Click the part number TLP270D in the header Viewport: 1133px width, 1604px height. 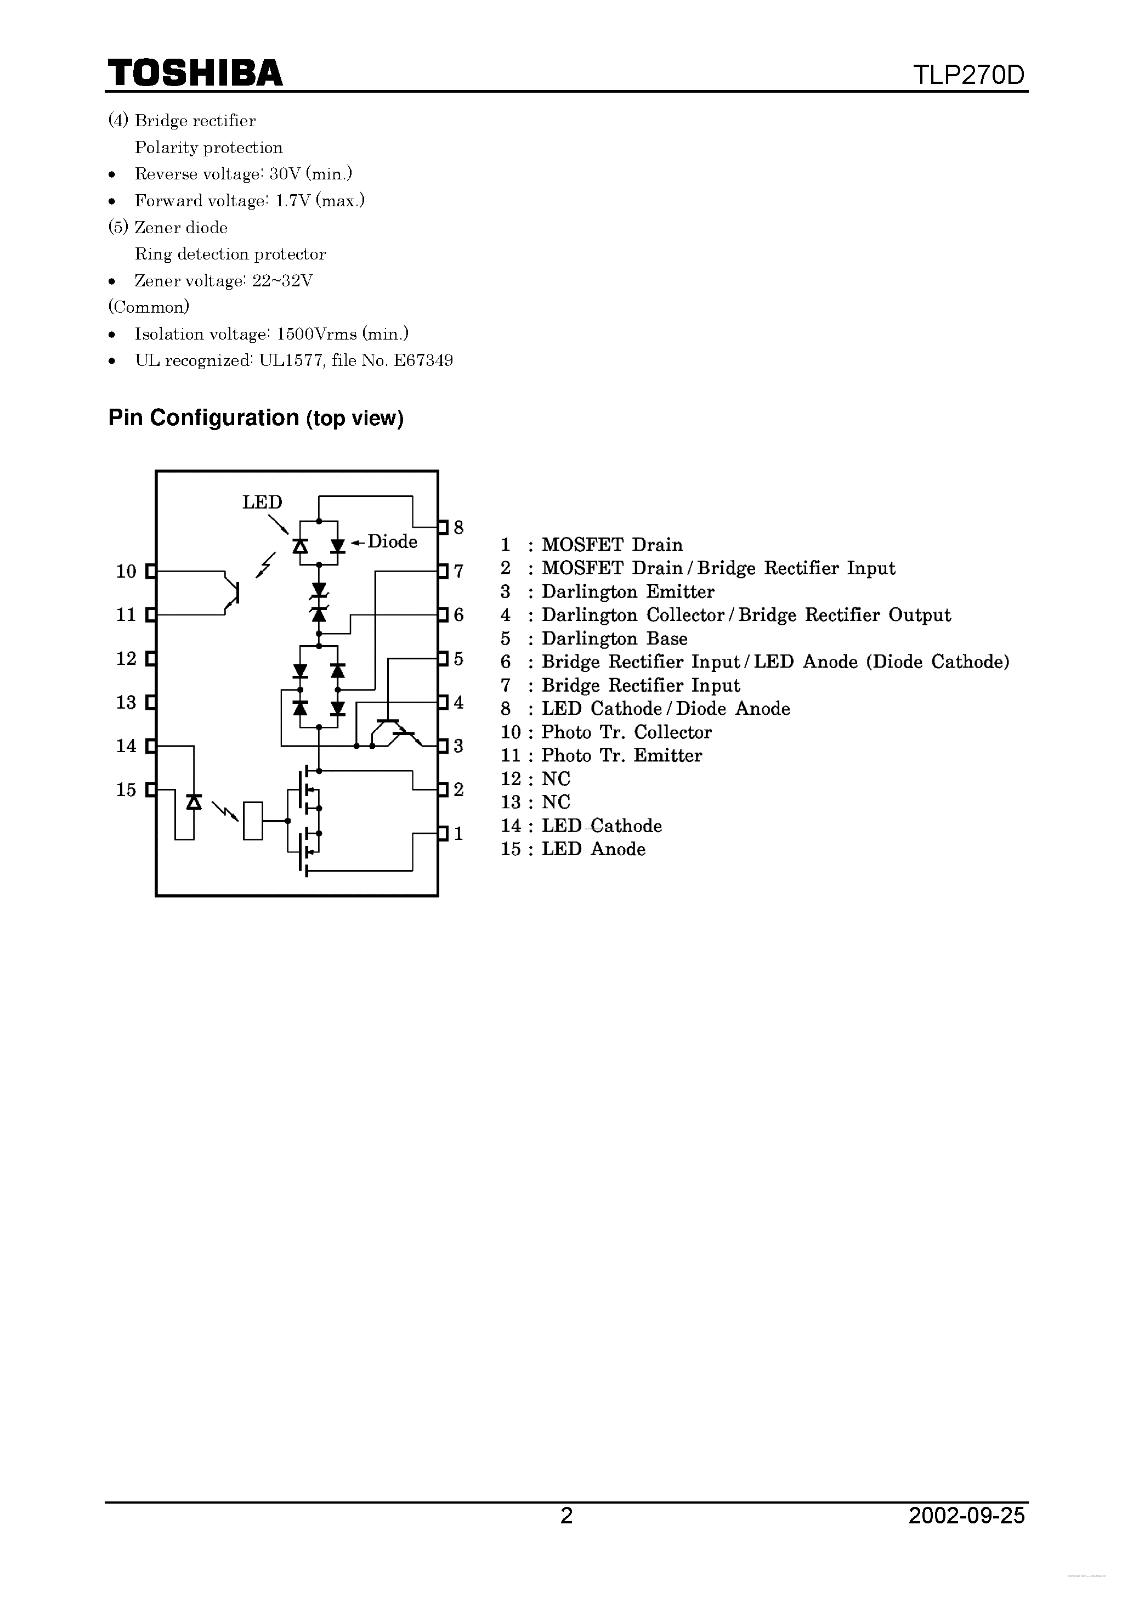coord(969,75)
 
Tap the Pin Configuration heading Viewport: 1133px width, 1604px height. coord(256,418)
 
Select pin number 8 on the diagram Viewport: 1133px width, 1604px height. coord(458,528)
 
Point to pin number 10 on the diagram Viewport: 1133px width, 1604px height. coord(127,572)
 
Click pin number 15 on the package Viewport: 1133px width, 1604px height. coord(127,790)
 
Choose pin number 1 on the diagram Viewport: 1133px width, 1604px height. coord(458,833)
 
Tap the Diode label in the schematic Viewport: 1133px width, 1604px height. coord(392,541)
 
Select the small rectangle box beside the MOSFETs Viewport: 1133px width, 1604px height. coord(253,821)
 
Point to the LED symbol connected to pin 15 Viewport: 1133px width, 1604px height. coord(194,802)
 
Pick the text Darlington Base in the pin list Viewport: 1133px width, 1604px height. coord(614,639)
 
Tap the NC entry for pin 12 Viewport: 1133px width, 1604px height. coord(556,779)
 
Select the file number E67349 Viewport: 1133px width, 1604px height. coord(423,360)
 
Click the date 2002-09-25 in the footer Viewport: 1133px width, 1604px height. coord(966,1515)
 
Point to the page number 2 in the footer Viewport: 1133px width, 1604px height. coord(566,1515)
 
